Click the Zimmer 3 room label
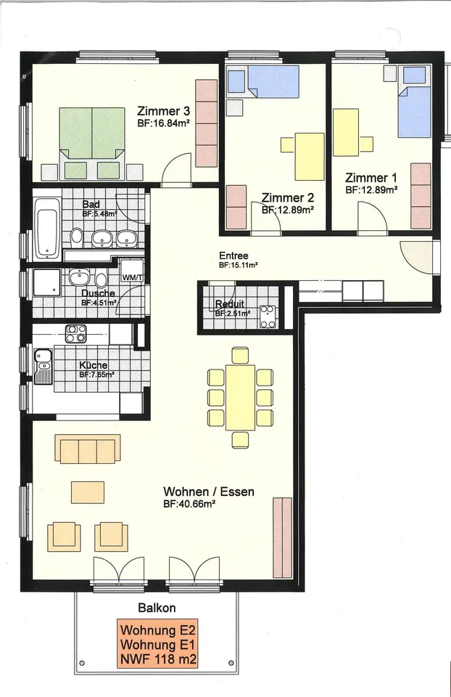tap(164, 111)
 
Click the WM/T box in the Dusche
tap(133, 271)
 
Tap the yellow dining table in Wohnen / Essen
tap(241, 397)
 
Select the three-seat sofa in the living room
tap(88, 449)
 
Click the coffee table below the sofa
tap(88, 492)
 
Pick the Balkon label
tap(157, 608)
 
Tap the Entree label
tap(233, 256)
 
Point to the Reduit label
tap(230, 304)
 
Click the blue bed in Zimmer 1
tap(414, 102)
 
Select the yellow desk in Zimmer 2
tap(310, 157)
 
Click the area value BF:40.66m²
tap(189, 504)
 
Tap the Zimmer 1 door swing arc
tap(373, 210)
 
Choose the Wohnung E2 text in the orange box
tap(157, 630)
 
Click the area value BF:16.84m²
tap(163, 123)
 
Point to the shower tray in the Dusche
tap(46, 282)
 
